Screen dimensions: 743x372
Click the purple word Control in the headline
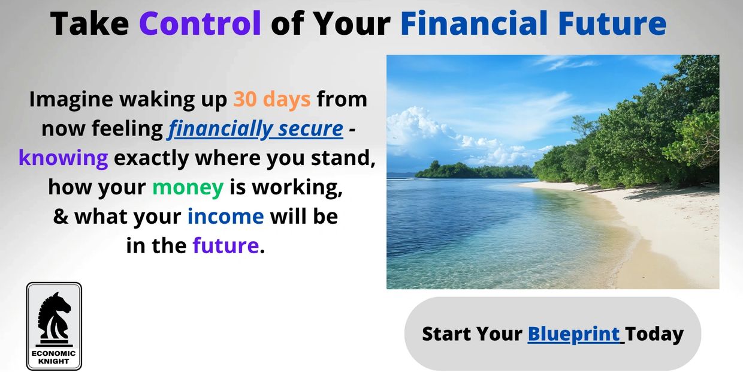200,23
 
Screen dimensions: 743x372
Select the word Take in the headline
89,23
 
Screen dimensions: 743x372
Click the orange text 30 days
271,99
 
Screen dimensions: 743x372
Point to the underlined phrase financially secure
255,129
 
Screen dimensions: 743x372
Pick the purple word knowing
64,158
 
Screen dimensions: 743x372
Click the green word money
188,188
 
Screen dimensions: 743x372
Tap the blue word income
226,216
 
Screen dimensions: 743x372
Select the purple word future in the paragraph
226,245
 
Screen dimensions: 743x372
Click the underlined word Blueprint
573,334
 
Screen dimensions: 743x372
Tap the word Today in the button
654,334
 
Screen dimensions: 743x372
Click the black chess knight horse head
55,316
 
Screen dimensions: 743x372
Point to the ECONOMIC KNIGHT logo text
54,357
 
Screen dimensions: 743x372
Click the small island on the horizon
475,170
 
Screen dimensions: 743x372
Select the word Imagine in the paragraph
71,100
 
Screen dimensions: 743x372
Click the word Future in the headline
612,23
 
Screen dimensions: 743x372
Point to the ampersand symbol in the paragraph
61,216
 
